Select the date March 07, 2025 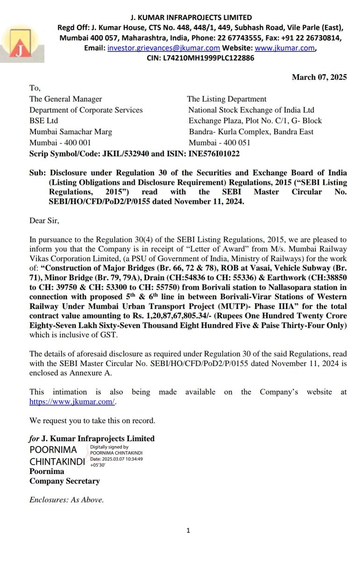(x=319, y=78)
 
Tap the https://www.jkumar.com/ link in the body (x=72, y=401)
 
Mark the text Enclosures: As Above (x=66, y=499)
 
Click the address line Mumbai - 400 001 (x=60, y=143)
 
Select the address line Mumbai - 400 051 (x=219, y=143)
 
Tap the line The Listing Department (x=227, y=99)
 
